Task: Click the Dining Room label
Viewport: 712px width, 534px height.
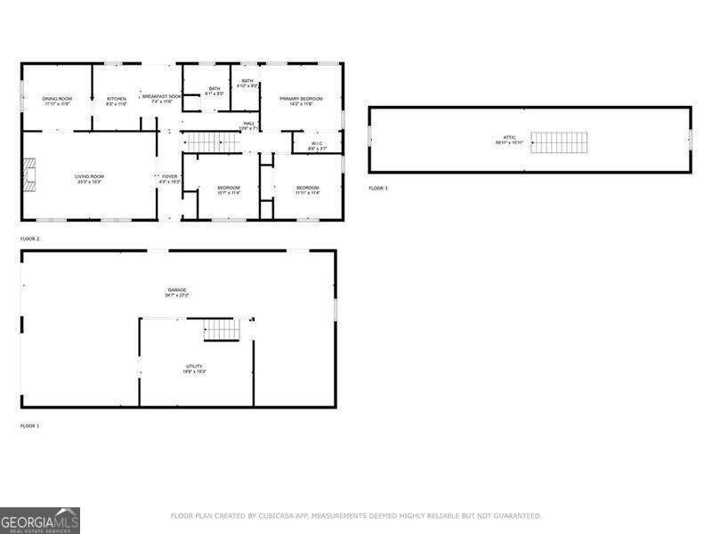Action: click(57, 100)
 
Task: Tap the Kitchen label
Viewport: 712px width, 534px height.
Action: click(117, 100)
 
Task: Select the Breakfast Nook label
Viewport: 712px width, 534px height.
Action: click(161, 97)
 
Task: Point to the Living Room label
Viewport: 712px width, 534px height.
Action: click(89, 178)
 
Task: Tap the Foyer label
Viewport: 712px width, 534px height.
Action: click(169, 178)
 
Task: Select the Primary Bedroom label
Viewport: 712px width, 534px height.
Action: click(301, 100)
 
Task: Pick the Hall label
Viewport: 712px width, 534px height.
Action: click(249, 125)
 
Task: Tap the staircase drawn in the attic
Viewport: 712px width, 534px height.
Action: click(560, 142)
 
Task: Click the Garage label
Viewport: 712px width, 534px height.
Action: click(177, 291)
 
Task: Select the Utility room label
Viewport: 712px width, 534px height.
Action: click(194, 368)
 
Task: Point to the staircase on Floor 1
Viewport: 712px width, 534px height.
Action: click(222, 330)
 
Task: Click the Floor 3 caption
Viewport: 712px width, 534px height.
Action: click(378, 189)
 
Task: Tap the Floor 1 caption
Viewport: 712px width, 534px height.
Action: click(29, 426)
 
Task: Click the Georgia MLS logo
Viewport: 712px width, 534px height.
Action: click(40, 520)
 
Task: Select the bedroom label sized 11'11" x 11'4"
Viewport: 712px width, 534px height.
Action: click(307, 189)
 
